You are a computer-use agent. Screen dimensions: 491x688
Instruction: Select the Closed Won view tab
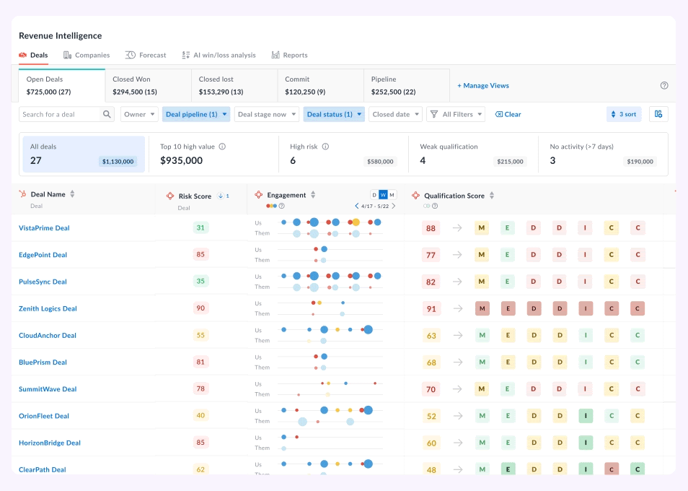148,85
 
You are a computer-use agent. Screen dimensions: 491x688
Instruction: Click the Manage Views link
483,85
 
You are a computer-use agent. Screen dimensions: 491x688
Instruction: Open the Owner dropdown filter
139,114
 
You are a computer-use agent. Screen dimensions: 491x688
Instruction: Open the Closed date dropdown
395,114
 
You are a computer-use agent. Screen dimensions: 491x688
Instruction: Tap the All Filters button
456,114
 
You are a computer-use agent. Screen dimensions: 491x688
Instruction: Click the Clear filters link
508,114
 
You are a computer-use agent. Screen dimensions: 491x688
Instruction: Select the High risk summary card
343,153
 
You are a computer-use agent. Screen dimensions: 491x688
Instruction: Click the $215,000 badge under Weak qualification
510,162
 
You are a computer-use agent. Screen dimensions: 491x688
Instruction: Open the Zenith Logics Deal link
48,308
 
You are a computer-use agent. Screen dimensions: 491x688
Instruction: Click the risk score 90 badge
200,308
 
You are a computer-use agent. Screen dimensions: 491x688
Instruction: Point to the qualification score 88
431,228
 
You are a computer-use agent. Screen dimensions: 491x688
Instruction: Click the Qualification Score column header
454,196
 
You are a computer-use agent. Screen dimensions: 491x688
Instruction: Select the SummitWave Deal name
48,389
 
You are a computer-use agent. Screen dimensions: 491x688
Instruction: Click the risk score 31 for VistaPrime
200,228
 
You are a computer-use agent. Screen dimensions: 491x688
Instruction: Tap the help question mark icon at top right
664,85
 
